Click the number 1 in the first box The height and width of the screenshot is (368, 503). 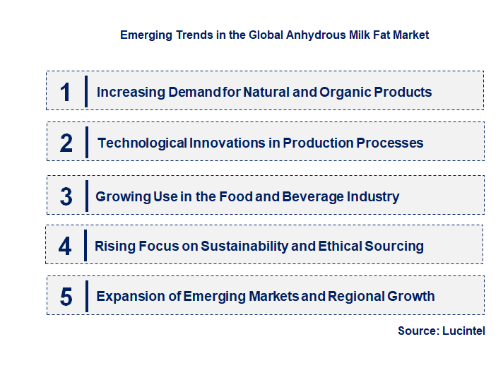(x=66, y=92)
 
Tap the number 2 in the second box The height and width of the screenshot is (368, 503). (x=66, y=143)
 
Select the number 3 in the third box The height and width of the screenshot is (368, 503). (x=66, y=197)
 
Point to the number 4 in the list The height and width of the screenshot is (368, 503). (x=65, y=246)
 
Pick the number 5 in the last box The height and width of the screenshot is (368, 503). (x=66, y=297)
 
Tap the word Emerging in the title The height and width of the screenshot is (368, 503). (x=145, y=35)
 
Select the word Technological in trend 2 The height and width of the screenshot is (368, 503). (x=142, y=143)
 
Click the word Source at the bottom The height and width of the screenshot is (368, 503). (x=417, y=331)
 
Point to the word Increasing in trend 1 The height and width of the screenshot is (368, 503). (x=130, y=92)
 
